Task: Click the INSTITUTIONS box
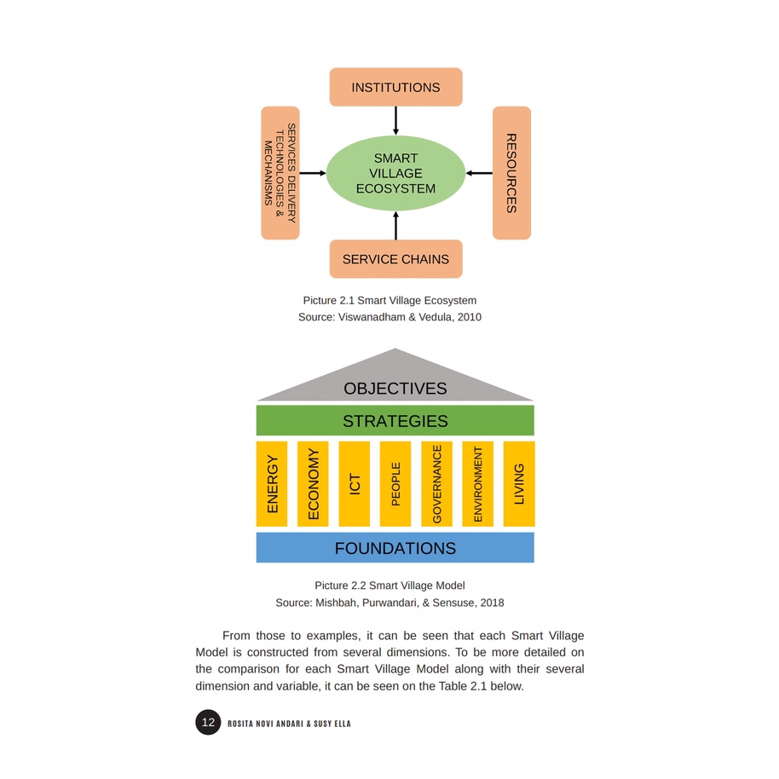coord(395,87)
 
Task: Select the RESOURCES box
coord(511,173)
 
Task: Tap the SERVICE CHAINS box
coord(395,259)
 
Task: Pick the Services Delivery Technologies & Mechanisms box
coord(280,173)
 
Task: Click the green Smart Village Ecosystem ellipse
coord(395,173)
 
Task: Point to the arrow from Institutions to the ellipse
coord(395,120)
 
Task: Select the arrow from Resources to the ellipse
coord(479,173)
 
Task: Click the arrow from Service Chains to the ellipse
coord(395,226)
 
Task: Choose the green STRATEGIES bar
coord(395,421)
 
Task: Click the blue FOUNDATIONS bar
coord(395,548)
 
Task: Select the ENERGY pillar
coord(272,484)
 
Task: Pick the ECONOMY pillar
coord(313,484)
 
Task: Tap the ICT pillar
coord(355,484)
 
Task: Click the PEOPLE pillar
coord(395,484)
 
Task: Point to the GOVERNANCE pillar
coord(436,484)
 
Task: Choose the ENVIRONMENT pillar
coord(477,484)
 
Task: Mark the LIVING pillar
coord(519,484)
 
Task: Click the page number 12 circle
coord(208,723)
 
